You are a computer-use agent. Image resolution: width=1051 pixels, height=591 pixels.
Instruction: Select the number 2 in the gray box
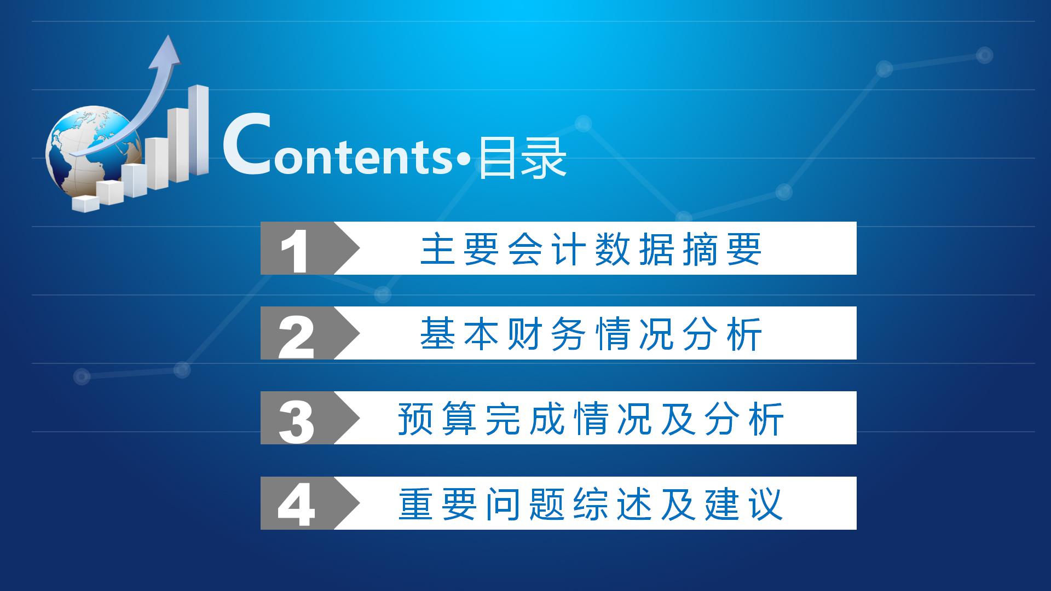click(x=296, y=335)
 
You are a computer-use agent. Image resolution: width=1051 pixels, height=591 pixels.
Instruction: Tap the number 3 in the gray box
click(x=296, y=421)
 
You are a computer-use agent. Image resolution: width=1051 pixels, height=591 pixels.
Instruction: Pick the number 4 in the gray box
click(x=296, y=506)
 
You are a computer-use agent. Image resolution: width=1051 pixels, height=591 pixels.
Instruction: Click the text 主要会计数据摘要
click(x=591, y=249)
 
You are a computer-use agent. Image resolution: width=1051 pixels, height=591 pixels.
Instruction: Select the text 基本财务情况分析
click(x=591, y=334)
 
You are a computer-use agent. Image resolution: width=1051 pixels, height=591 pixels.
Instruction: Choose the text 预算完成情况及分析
click(x=591, y=419)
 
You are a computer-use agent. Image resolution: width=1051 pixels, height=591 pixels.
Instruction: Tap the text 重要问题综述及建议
click(x=591, y=504)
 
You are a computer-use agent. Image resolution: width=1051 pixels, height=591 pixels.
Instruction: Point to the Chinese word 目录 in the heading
click(x=522, y=159)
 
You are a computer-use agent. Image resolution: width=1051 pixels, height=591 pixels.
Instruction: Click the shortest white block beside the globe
click(x=85, y=203)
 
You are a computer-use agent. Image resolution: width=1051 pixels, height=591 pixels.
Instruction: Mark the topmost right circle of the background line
click(x=984, y=55)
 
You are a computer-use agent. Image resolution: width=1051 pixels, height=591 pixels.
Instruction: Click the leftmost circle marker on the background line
click(x=82, y=376)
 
